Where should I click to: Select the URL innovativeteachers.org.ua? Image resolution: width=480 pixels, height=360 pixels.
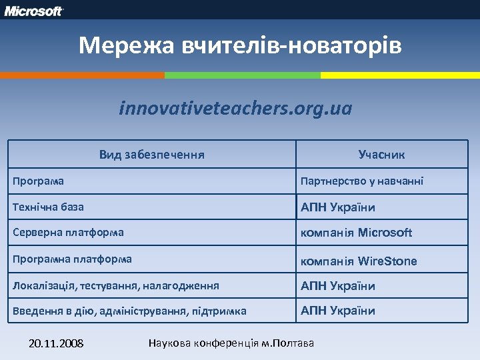point(235,108)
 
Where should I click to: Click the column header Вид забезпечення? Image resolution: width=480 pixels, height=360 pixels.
point(151,155)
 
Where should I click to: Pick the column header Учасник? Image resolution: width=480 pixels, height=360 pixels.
point(381,155)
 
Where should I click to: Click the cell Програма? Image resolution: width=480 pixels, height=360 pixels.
point(39,181)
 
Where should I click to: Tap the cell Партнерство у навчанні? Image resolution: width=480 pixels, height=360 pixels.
point(362,181)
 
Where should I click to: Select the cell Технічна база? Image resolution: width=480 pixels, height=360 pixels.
point(49,207)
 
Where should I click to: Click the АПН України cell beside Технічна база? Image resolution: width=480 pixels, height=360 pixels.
point(338,207)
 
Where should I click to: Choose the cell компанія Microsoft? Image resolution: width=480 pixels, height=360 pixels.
point(357,233)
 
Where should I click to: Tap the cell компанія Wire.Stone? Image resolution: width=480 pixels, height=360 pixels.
point(359,261)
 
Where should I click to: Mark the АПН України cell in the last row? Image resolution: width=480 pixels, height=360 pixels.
point(338,311)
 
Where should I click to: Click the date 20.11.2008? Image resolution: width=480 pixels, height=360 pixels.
point(56,343)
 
